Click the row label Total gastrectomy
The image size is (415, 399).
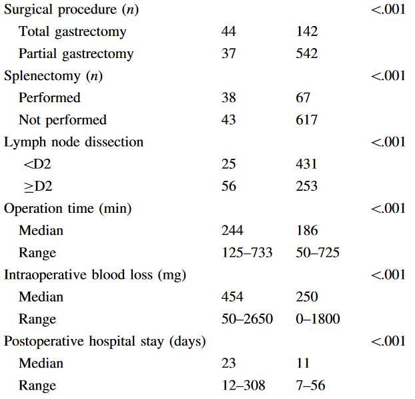[73, 32]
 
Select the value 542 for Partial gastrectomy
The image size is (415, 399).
[307, 53]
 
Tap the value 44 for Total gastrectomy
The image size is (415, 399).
[229, 31]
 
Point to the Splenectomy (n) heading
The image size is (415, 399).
[53, 77]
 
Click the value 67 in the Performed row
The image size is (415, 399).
[303, 97]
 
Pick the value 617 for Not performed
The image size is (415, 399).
[307, 120]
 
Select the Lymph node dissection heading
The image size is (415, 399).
[73, 142]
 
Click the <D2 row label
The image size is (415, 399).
[37, 164]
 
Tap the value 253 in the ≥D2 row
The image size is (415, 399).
[307, 186]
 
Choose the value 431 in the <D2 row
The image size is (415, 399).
[306, 164]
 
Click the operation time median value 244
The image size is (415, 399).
[232, 230]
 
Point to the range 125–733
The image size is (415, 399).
[247, 253]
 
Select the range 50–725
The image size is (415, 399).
[318, 253]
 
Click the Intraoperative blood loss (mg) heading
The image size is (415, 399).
[95, 276]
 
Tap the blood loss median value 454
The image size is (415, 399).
[232, 297]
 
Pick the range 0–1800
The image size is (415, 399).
[318, 319]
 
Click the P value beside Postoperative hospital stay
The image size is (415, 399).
[388, 341]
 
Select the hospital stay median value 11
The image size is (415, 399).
[303, 363]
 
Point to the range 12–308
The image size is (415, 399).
[244, 385]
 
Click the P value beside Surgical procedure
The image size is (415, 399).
[388, 9]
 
